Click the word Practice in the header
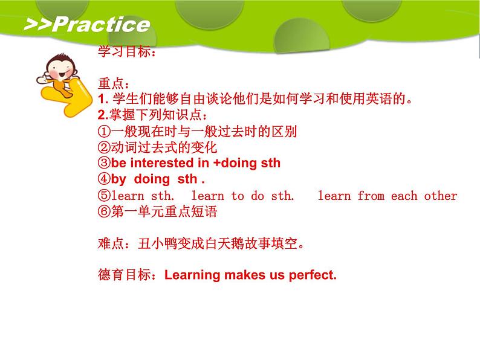tap(102, 25)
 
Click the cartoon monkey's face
tap(60, 69)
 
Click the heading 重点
tap(111, 83)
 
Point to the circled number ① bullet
tap(104, 132)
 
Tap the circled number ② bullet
tap(104, 147)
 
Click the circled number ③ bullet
tap(104, 162)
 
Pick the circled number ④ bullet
tap(104, 179)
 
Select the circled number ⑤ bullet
tap(104, 196)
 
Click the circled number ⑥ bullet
tap(104, 211)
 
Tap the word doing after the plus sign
tap(239, 164)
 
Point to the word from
tap(371, 196)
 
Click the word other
tap(441, 196)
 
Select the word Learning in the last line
tap(192, 275)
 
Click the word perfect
tap(313, 275)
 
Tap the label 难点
tap(111, 244)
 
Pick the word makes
tap(245, 275)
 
